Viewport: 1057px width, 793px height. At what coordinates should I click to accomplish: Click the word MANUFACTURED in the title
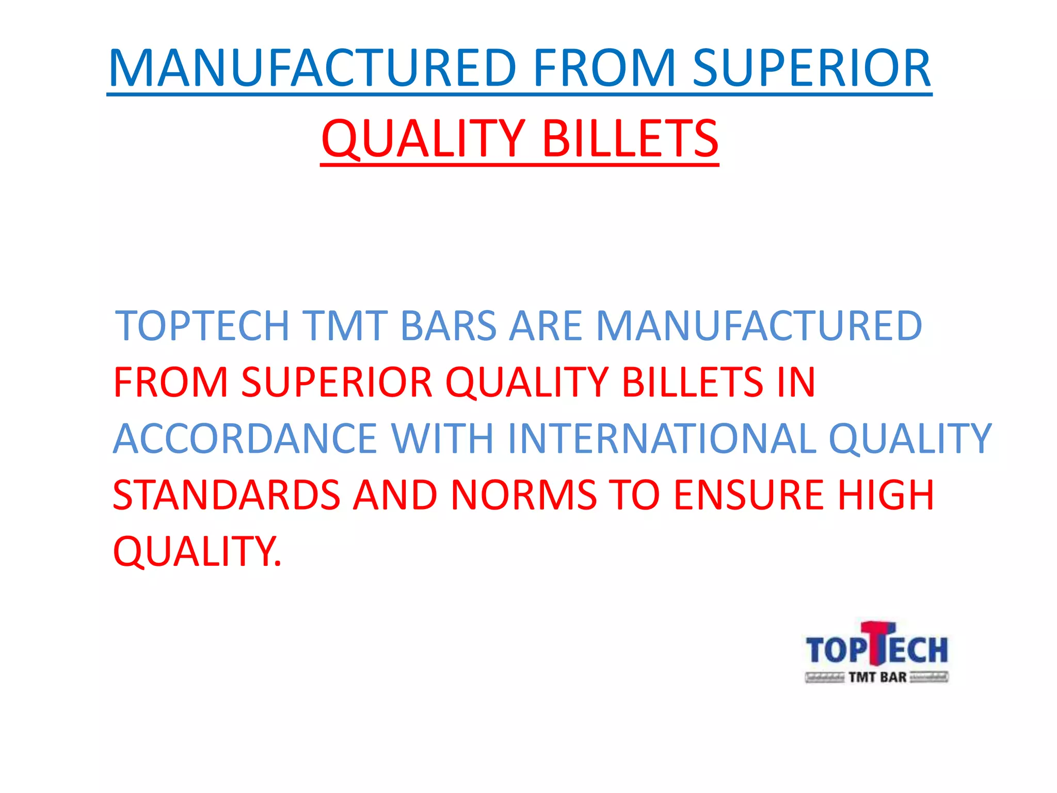click(312, 68)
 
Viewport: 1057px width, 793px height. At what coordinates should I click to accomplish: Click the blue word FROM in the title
click(604, 68)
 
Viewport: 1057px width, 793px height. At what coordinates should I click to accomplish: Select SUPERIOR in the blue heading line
click(811, 68)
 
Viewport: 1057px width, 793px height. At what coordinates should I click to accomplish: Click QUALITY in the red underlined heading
click(423, 138)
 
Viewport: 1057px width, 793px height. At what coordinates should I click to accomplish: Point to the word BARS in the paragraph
click(448, 326)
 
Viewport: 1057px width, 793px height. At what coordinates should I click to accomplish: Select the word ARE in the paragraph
click(546, 326)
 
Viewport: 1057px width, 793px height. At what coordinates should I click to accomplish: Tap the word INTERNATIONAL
click(662, 438)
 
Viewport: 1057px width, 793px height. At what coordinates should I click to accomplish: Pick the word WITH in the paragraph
click(442, 438)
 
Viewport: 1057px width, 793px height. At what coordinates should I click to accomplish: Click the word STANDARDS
click(226, 495)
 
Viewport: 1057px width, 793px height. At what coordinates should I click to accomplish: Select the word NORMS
click(523, 495)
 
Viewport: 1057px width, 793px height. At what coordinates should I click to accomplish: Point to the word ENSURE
click(749, 495)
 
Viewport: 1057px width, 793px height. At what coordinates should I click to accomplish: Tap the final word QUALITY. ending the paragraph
click(197, 551)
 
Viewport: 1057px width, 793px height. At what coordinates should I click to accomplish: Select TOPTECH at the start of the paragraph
click(202, 326)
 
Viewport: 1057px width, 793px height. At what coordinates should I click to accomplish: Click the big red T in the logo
click(877, 643)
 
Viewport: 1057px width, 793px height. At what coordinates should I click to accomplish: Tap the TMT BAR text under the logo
click(877, 677)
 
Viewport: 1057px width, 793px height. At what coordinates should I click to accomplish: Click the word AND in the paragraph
click(395, 495)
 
